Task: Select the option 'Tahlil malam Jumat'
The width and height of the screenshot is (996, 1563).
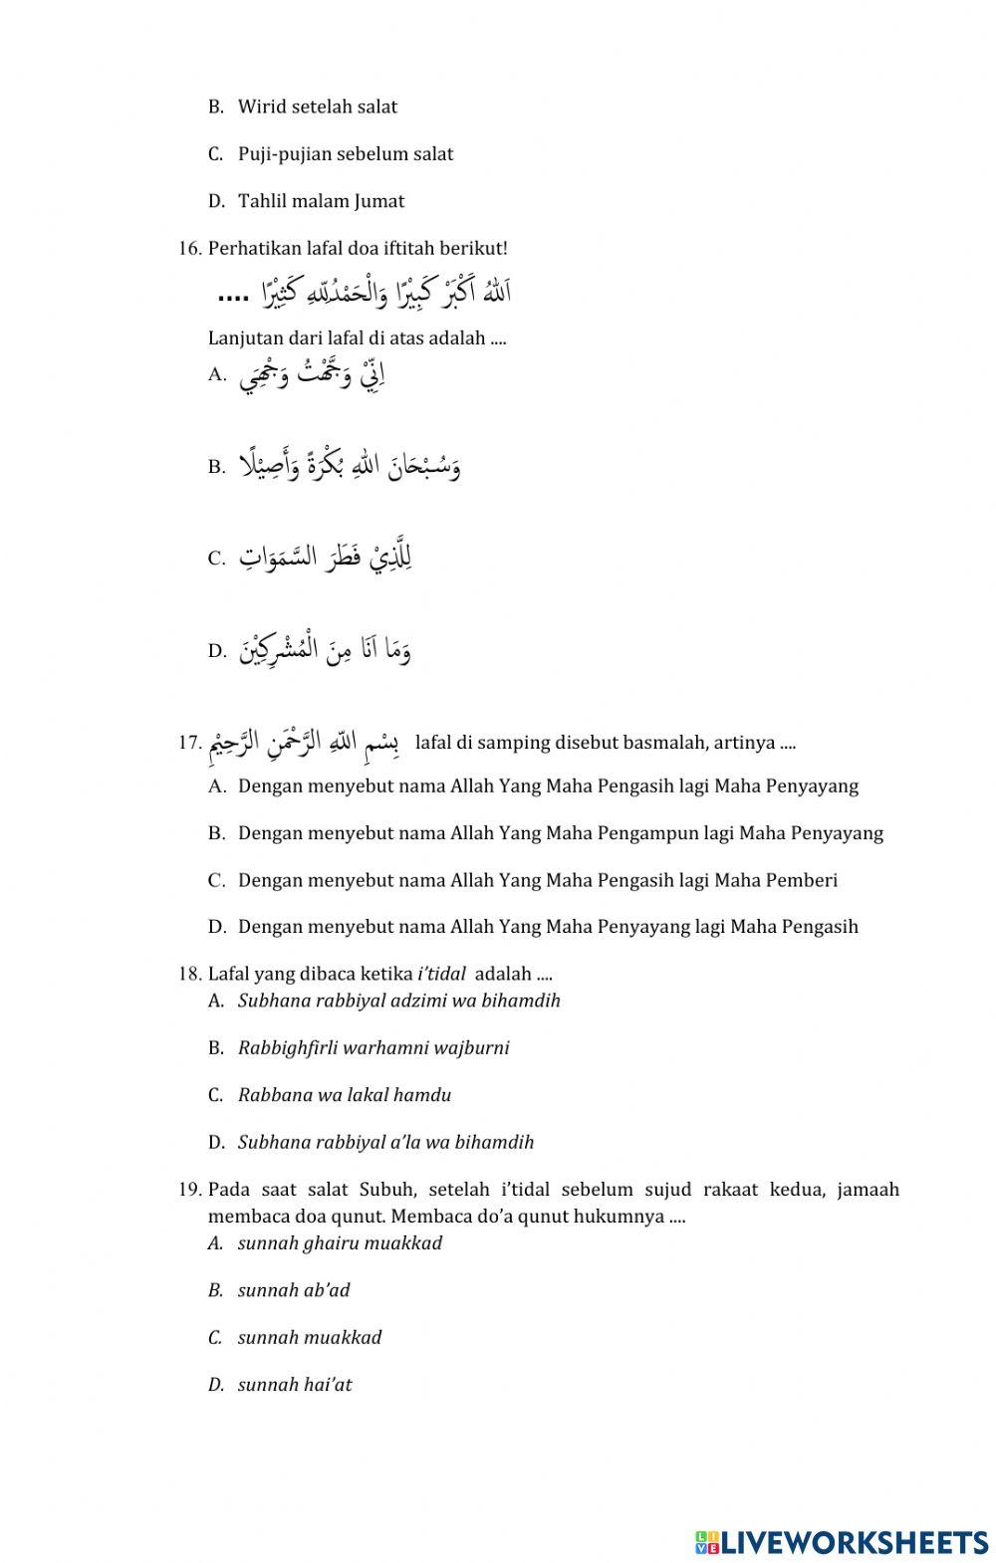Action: click(x=321, y=201)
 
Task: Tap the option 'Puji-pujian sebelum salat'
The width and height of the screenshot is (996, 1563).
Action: click(x=345, y=154)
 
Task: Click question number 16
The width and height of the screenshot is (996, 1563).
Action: click(x=190, y=248)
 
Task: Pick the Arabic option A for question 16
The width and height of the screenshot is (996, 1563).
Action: click(x=312, y=377)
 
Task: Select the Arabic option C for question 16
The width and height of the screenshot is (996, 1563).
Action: click(x=325, y=557)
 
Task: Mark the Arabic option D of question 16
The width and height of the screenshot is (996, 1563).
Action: click(x=325, y=651)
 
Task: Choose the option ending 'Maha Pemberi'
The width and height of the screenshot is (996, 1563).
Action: click(x=538, y=880)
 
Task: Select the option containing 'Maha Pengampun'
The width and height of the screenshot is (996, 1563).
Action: click(x=560, y=833)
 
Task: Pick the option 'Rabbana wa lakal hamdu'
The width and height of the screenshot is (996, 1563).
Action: click(x=344, y=1095)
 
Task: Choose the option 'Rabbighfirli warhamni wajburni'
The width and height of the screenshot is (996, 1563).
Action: click(x=373, y=1047)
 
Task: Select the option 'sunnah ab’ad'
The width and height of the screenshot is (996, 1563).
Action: click(x=294, y=1290)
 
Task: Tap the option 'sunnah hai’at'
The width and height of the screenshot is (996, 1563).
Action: click(x=295, y=1385)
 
